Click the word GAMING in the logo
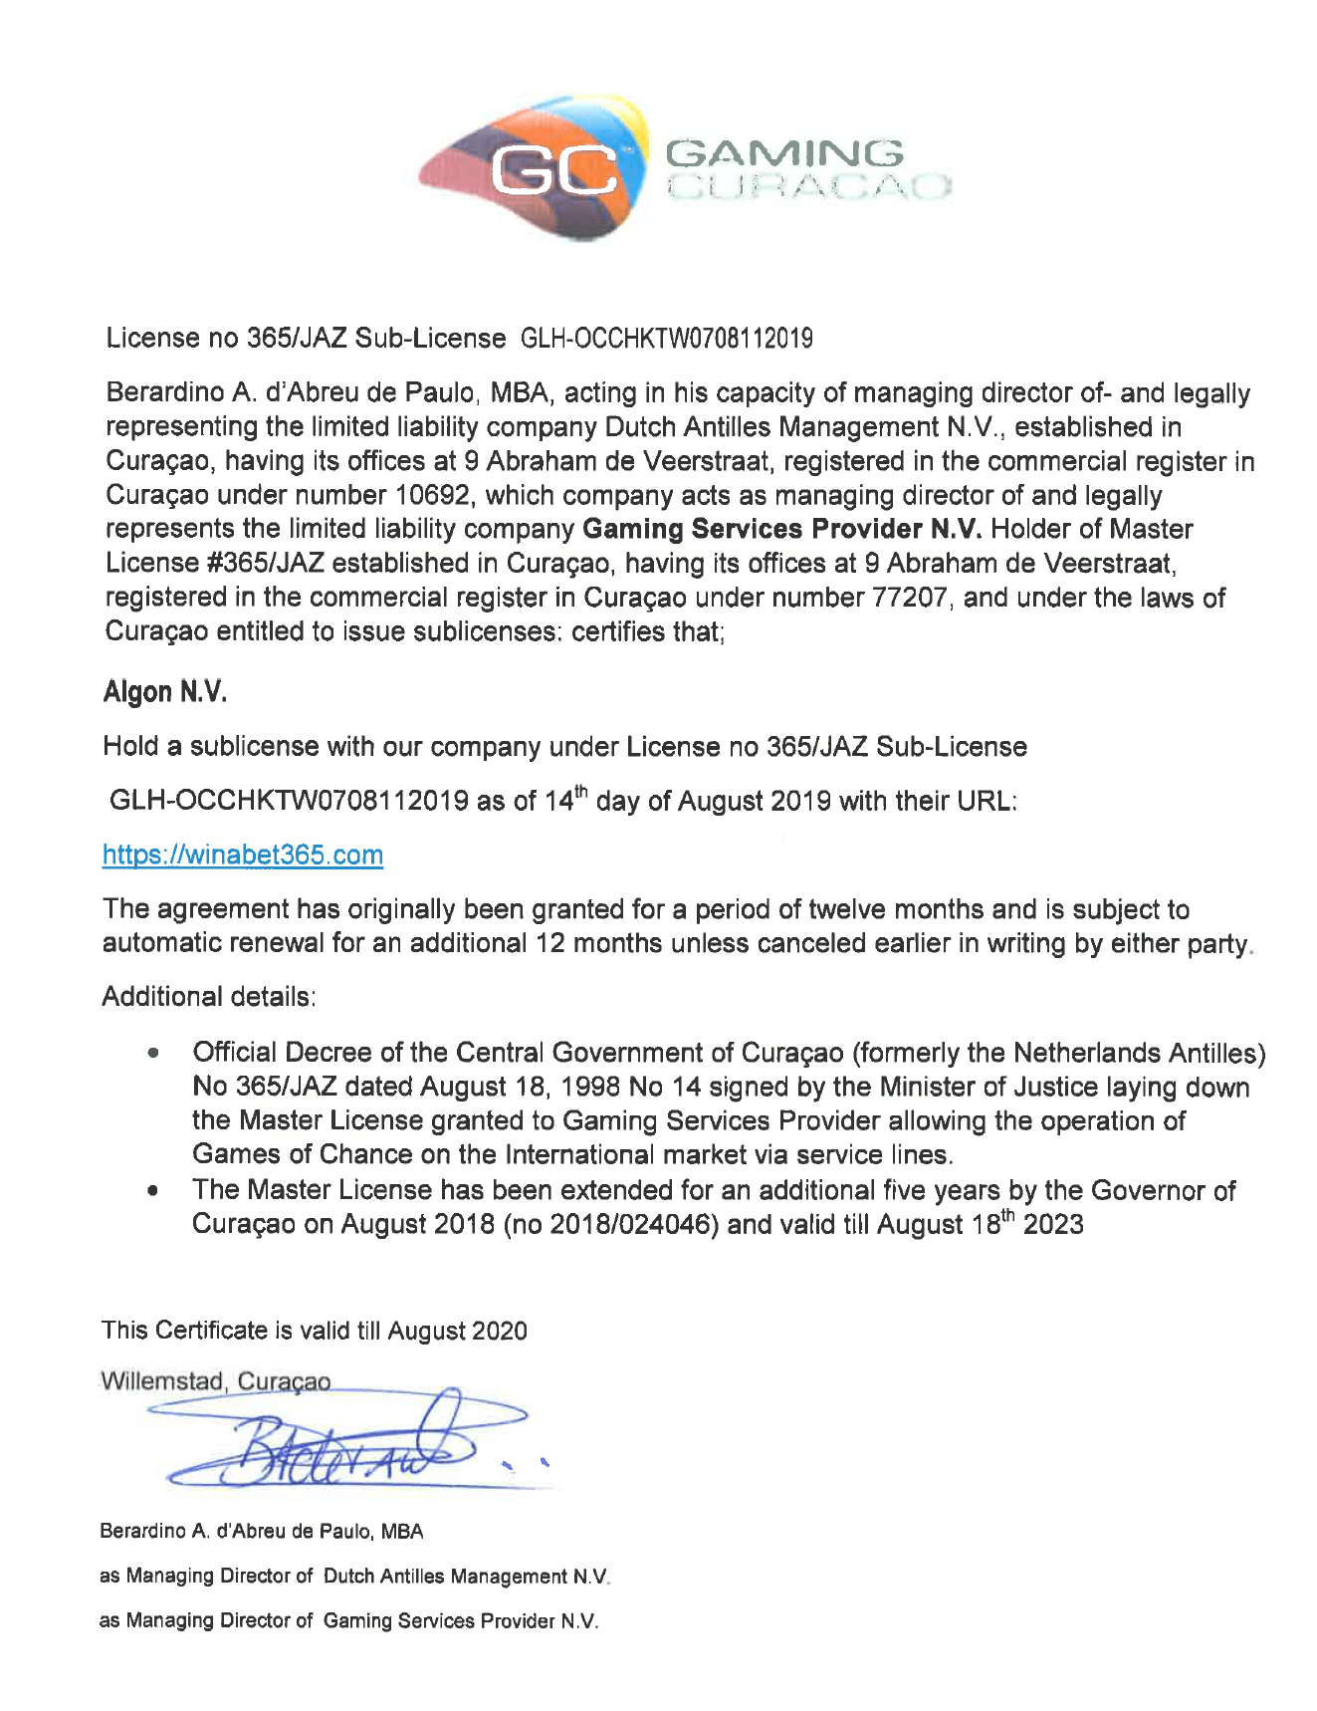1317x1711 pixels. [x=784, y=153]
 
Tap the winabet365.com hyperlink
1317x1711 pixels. [x=243, y=855]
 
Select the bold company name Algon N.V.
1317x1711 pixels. [x=165, y=692]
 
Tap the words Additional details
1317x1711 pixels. [x=209, y=997]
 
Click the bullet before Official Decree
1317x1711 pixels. [x=153, y=1053]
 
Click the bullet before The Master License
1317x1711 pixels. [x=153, y=1190]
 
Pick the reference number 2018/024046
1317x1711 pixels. [x=632, y=1224]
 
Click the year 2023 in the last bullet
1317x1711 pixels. [x=1052, y=1224]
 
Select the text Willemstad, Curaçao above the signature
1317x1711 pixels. [x=216, y=1382]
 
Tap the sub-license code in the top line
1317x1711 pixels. [x=667, y=339]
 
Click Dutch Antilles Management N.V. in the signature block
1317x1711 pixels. [x=466, y=1577]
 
